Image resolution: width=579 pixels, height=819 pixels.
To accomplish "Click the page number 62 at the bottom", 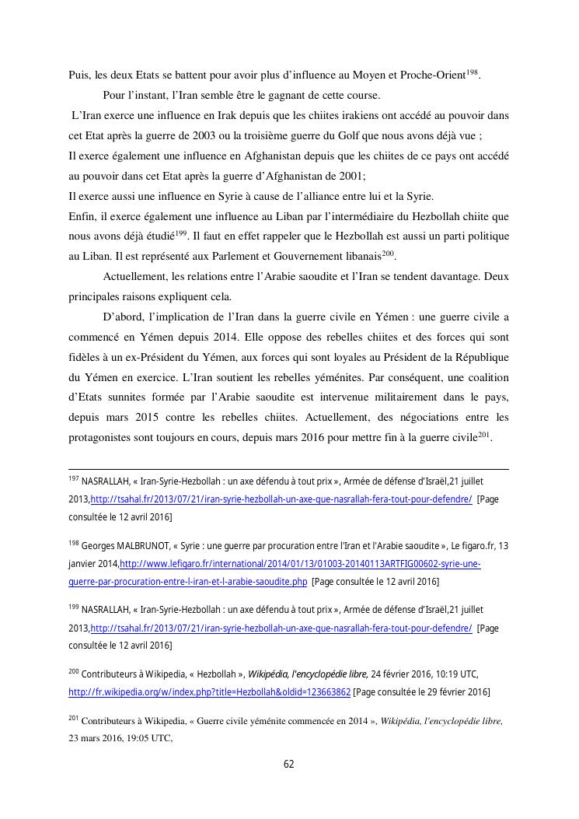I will click(x=288, y=764).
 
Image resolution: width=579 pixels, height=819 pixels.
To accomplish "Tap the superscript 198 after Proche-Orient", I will click(x=473, y=72).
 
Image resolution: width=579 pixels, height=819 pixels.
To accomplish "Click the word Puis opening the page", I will click(x=78, y=75).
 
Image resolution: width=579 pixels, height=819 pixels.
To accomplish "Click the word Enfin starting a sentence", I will click(x=81, y=215).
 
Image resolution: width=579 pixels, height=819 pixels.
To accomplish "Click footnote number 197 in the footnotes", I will click(x=74, y=479).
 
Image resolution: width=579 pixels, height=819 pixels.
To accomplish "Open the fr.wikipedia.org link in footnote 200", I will click(x=210, y=691).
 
